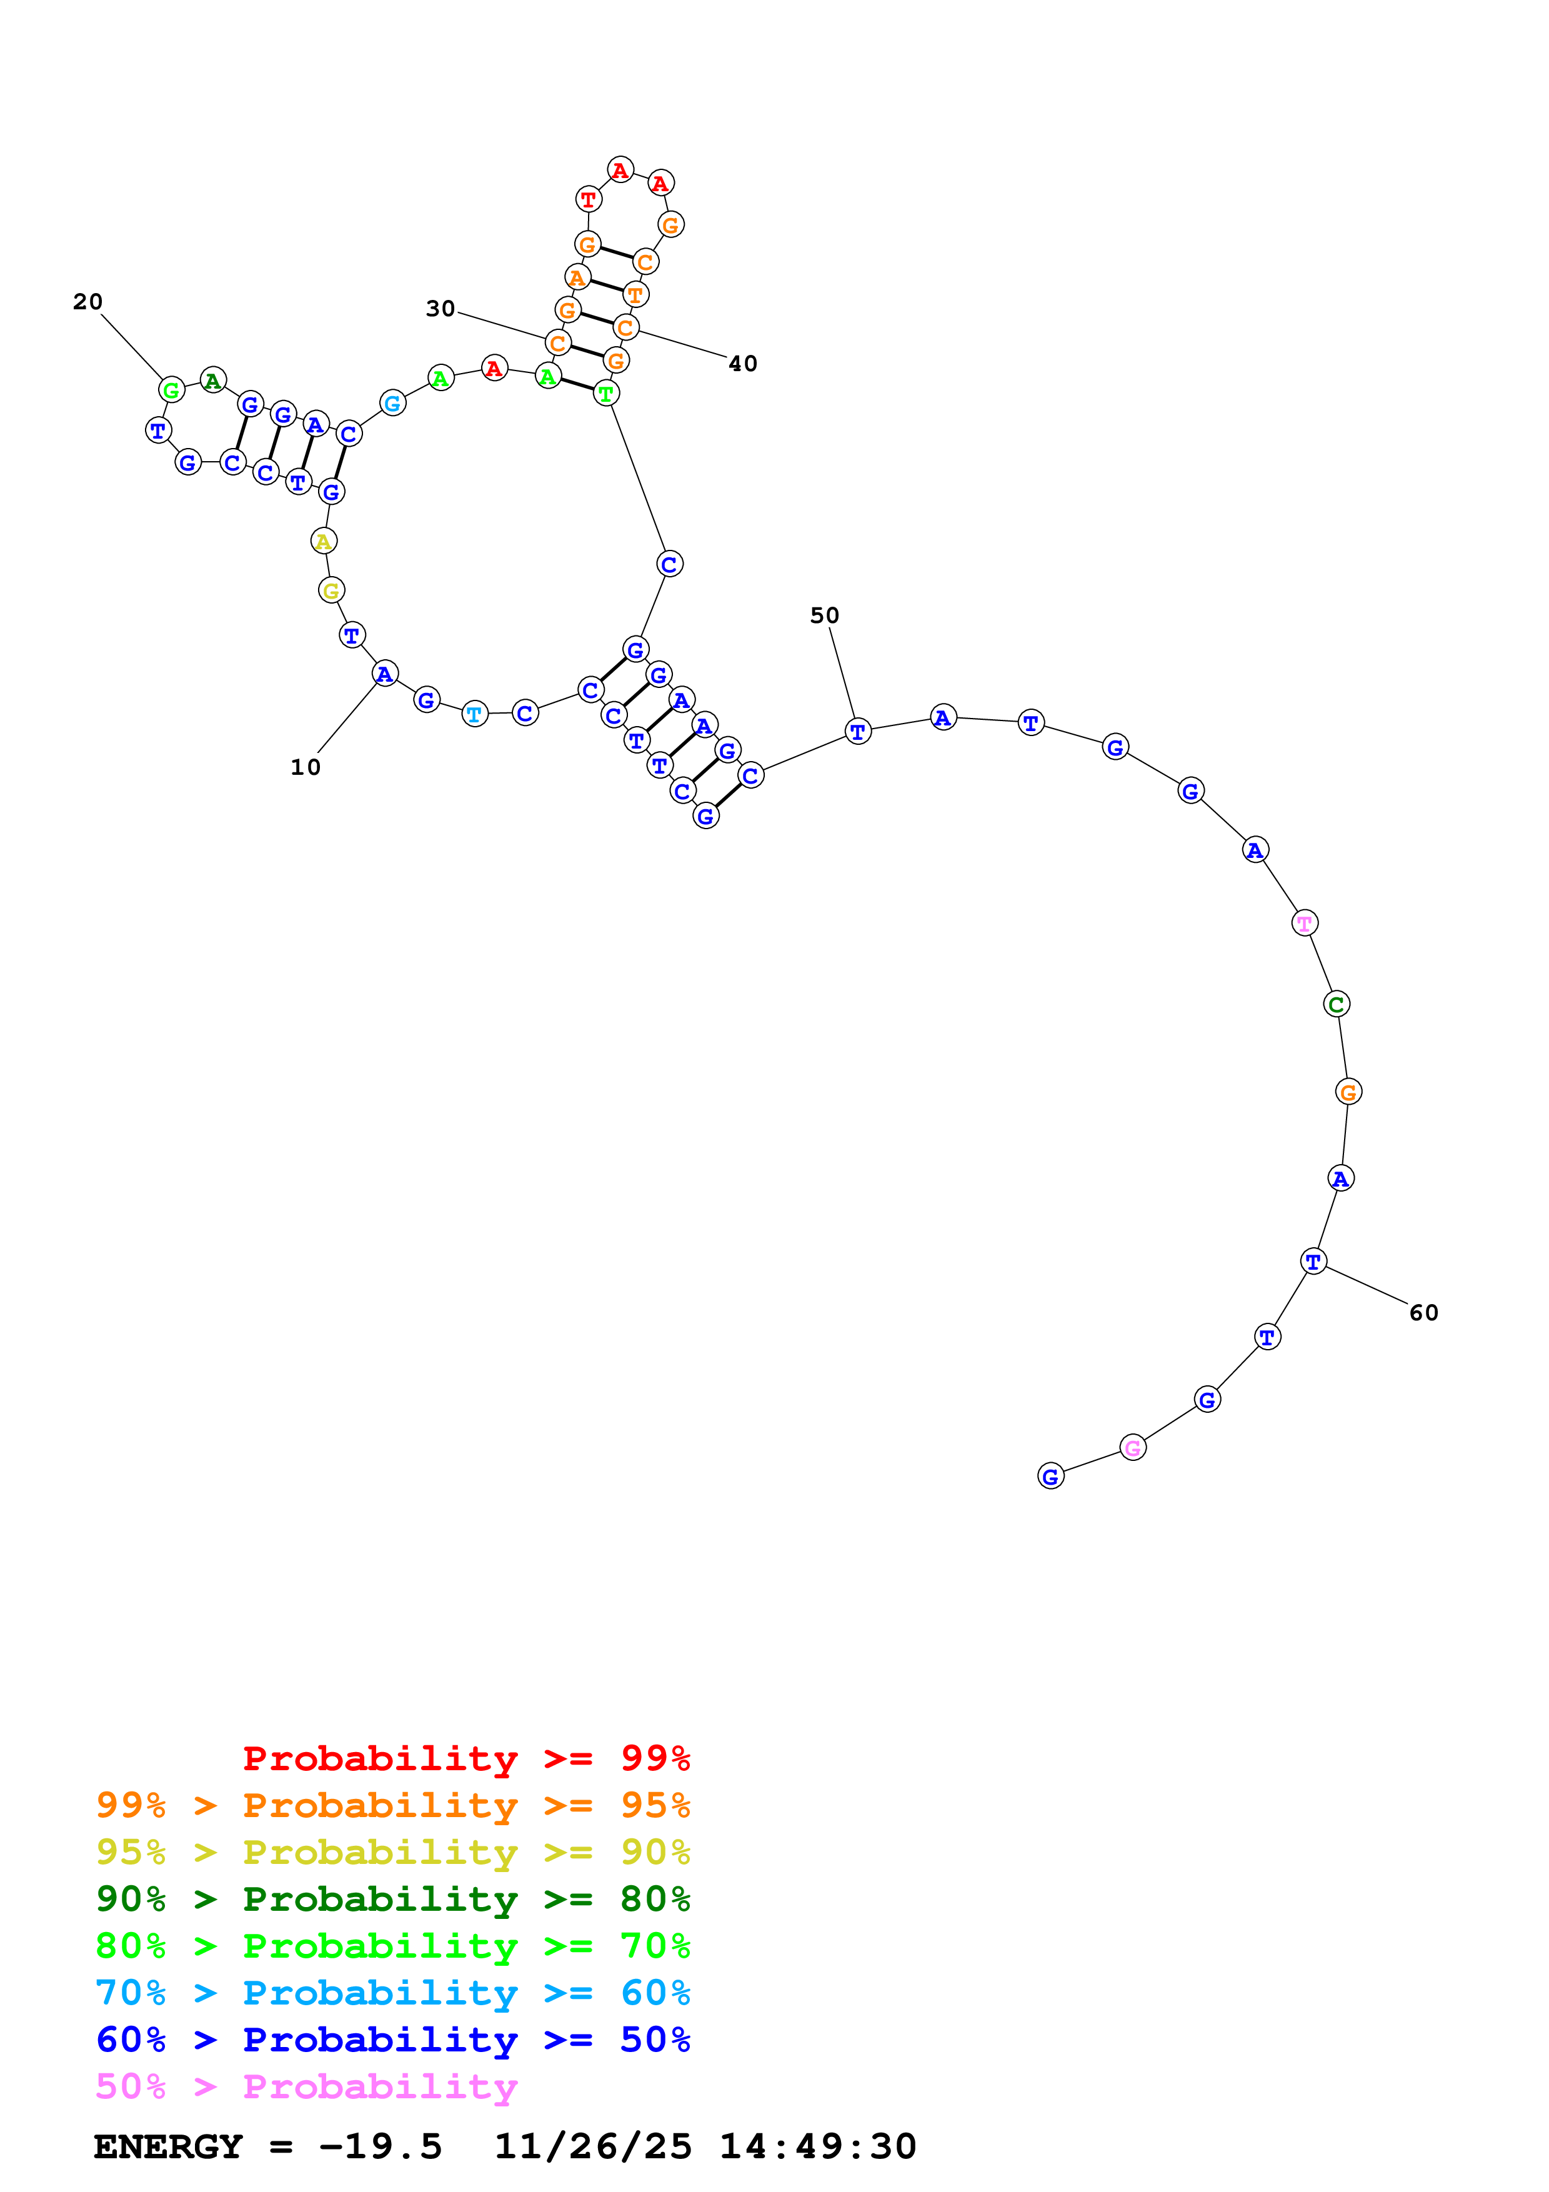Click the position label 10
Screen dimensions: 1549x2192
(306, 767)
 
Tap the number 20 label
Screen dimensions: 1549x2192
(88, 302)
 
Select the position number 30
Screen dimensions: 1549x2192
(440, 309)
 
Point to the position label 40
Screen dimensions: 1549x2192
(742, 364)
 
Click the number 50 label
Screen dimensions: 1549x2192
(825, 615)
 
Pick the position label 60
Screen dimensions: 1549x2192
(1423, 1313)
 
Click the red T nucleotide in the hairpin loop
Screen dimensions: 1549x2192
(589, 199)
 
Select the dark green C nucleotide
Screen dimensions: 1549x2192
(1336, 1004)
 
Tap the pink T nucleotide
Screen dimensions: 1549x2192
(1303, 923)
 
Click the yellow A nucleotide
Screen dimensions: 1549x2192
(324, 541)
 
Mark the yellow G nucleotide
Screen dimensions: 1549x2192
(330, 591)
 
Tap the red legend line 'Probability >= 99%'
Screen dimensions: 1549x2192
(466, 1758)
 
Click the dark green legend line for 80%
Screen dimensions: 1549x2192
(392, 1899)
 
